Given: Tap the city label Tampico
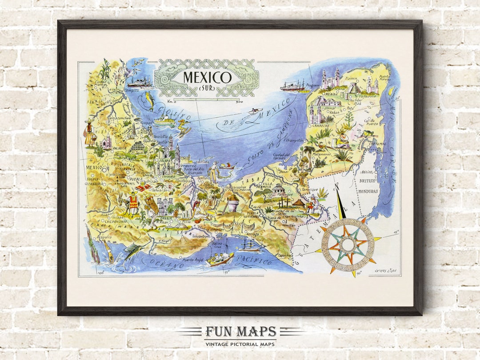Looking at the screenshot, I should point(131,90).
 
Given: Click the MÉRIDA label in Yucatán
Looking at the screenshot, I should point(329,94).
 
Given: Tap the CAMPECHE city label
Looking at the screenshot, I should point(327,125).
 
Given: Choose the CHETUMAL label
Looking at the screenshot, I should point(380,144).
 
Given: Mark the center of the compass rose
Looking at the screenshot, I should point(348,244).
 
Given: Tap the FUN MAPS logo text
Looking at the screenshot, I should point(240,332).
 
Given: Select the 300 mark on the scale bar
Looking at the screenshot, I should point(240,102).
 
